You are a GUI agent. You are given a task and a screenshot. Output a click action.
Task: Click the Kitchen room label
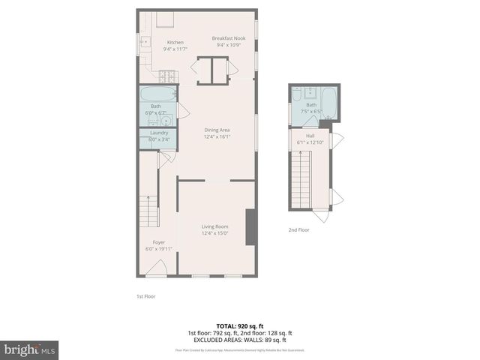[x=175, y=43]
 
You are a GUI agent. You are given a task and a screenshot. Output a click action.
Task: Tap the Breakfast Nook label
[x=229, y=38]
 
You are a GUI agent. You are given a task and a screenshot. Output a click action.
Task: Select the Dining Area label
[x=217, y=130]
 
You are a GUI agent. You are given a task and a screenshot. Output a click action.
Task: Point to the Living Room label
[x=214, y=226]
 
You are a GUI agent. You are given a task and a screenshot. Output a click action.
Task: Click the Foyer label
[x=159, y=242]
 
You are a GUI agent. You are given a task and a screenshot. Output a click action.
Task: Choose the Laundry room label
[x=158, y=133]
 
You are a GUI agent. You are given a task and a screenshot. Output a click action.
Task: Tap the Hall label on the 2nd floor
[x=310, y=136]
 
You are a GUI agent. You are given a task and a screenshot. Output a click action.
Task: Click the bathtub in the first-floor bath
[x=158, y=94]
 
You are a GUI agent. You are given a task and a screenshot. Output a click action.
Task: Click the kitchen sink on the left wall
[x=144, y=43]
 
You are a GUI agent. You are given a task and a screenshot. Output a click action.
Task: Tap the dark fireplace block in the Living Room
[x=251, y=227]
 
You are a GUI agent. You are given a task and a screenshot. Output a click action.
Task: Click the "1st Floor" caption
[x=146, y=296]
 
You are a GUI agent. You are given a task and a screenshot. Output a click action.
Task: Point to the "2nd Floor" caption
[x=298, y=230]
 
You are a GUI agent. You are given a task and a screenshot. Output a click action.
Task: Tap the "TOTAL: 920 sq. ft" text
[x=240, y=326]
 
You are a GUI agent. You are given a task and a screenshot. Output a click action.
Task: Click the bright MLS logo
[x=30, y=349]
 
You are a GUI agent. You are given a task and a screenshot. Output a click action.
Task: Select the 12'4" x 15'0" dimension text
[x=214, y=233]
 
